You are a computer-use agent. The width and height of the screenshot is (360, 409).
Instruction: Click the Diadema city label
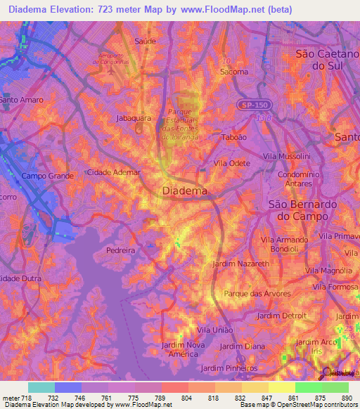[x=184, y=190]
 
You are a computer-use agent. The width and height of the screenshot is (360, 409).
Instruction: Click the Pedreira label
[x=120, y=249]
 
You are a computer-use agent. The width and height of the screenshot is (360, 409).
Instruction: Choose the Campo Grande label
[x=45, y=176]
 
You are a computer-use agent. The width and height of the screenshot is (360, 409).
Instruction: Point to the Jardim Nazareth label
[x=240, y=264]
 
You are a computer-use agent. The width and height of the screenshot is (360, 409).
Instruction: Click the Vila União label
[x=215, y=330]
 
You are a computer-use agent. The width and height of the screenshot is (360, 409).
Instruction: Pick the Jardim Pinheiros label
[x=229, y=368]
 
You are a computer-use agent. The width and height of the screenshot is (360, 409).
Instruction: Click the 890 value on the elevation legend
[x=345, y=397]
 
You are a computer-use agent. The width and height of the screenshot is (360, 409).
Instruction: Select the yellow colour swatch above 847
[x=255, y=387]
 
